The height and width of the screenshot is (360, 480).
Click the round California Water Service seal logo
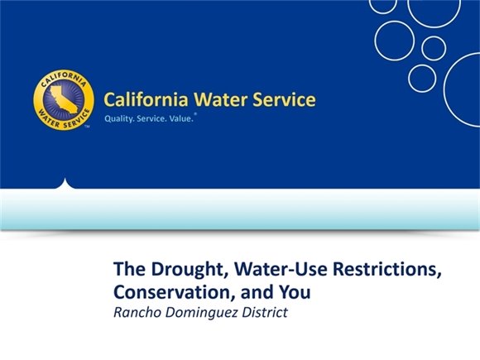pos(64,99)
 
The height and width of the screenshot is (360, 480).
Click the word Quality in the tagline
pos(118,119)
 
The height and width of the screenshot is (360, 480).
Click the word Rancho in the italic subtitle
pos(135,312)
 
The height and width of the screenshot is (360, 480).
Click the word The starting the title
pos(127,270)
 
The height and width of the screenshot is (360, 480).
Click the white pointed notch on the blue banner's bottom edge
pos(66,183)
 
